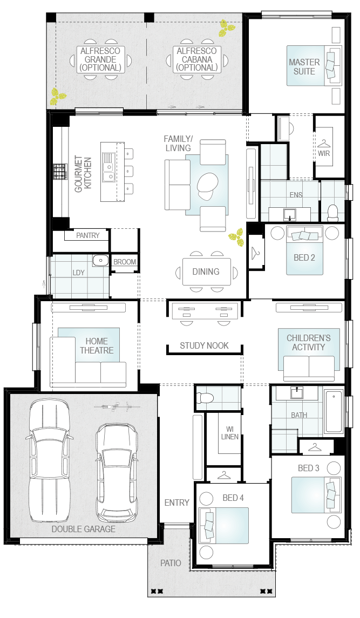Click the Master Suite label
point(304,66)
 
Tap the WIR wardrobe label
point(324,153)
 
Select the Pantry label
point(87,235)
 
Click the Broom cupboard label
point(125,262)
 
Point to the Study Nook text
point(204,345)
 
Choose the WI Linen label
point(229,433)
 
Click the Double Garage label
point(84,529)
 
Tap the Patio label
point(171,563)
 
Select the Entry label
point(176,502)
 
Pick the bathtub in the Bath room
point(334,412)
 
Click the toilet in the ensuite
point(332,211)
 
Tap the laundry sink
point(100,261)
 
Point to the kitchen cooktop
point(59,172)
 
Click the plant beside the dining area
point(236,235)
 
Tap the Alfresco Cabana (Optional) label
point(196,59)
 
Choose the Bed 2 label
point(304,257)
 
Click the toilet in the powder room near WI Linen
point(205,398)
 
